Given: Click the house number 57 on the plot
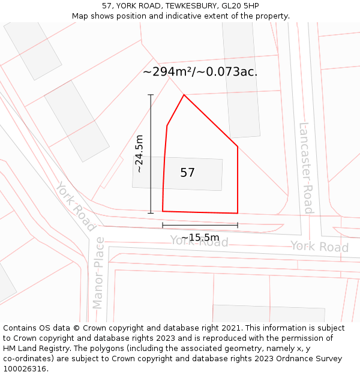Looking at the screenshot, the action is point(187,173).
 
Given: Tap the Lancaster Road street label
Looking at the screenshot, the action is point(307,168).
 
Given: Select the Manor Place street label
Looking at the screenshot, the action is point(98,272).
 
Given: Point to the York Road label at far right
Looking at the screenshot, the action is point(319,247).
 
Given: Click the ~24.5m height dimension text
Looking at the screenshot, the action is point(140,154).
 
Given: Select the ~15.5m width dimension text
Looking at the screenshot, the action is point(200,238).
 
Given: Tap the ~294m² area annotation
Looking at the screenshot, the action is point(200,72).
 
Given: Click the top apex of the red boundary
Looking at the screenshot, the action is point(184,95).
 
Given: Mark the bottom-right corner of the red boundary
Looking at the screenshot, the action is point(238,213).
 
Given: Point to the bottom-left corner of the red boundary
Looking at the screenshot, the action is point(163,211).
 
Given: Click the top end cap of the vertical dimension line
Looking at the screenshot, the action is point(151,95).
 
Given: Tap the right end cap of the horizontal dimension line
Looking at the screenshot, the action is point(238,225).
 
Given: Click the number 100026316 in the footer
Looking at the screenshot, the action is point(25,369).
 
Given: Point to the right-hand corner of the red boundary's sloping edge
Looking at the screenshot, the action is point(238,146).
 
